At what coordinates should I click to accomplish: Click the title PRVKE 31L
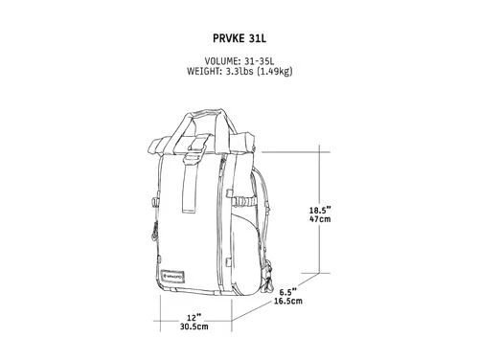tap(239, 38)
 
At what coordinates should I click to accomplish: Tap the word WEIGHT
tap(202, 71)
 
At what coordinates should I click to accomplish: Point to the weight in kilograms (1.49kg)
tap(275, 71)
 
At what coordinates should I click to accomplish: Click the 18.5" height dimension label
tap(320, 211)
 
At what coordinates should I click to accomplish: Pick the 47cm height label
tap(320, 219)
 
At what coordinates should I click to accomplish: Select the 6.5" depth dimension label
tap(288, 292)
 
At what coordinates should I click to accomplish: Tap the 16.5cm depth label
tap(288, 301)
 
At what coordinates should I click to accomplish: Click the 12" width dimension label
tap(194, 318)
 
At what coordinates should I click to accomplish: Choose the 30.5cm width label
tap(194, 326)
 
